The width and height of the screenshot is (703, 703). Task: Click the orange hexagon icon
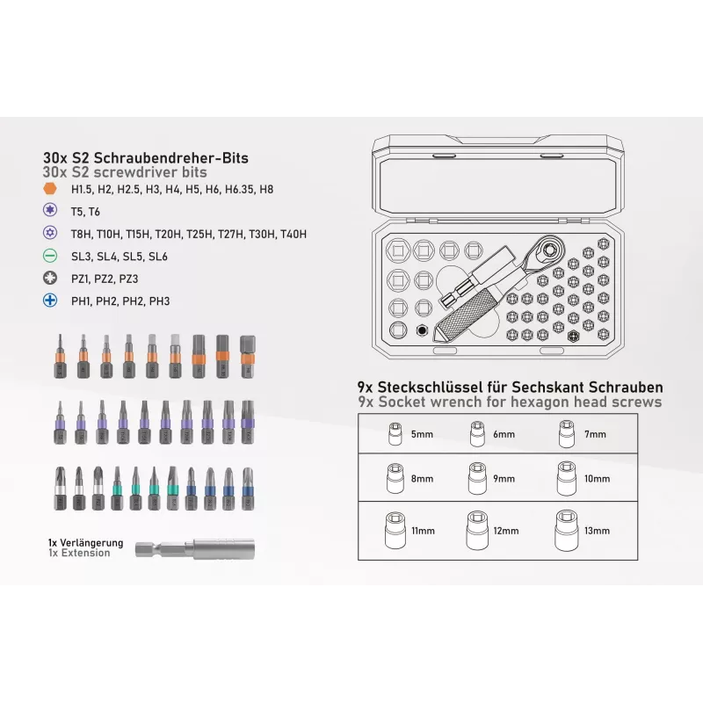[x=50, y=188]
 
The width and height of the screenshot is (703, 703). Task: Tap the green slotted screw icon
[x=50, y=256]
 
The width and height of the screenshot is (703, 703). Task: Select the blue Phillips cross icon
[x=50, y=301]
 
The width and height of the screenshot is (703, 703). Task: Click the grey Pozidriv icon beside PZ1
[x=50, y=278]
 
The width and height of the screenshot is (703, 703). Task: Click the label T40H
[x=294, y=234]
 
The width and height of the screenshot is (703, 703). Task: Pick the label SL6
[x=158, y=257]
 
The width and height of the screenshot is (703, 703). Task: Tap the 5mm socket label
[x=422, y=434]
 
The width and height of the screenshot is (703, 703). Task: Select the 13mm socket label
[x=597, y=531]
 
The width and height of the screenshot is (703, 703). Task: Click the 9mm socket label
[x=504, y=478]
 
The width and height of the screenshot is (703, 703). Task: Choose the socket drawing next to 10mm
[x=567, y=479]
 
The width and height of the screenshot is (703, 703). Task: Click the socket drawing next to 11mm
[x=395, y=531]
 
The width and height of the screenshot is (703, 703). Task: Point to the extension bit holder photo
[x=195, y=548]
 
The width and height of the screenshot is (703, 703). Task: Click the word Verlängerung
[x=91, y=543]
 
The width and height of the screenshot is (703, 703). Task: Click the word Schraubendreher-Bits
[x=170, y=158]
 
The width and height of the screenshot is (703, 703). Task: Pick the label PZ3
[x=128, y=279]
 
